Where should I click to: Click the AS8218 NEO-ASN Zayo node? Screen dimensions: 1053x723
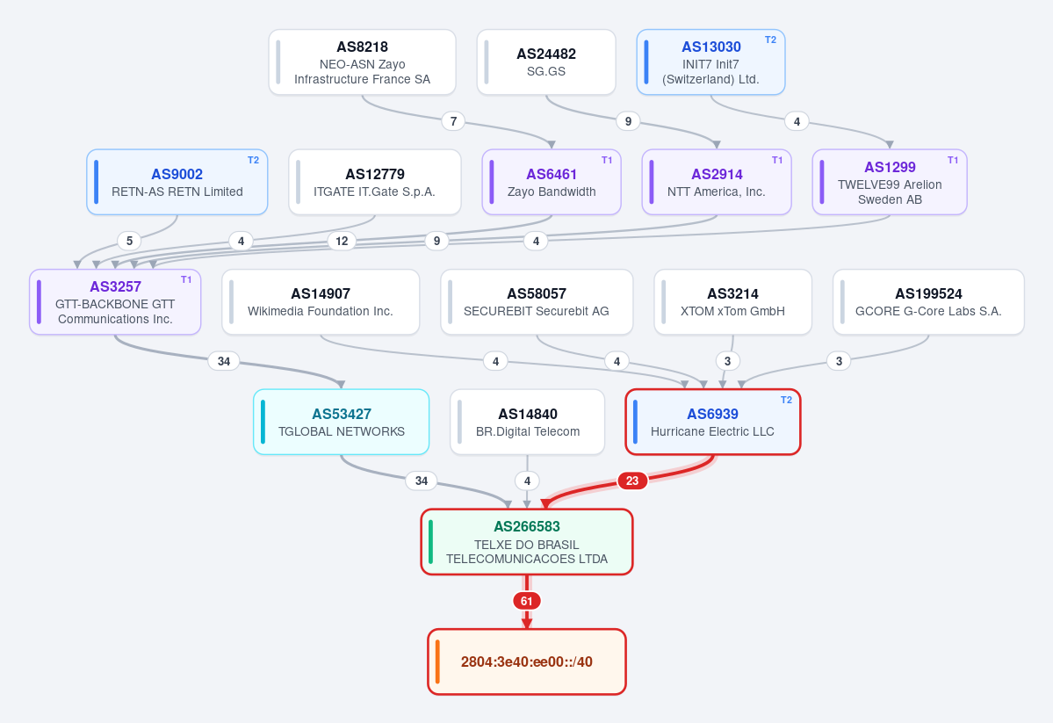click(362, 62)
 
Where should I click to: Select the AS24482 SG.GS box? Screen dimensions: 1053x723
click(546, 62)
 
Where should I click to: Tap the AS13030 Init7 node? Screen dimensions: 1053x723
click(710, 62)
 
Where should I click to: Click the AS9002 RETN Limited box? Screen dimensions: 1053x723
click(177, 182)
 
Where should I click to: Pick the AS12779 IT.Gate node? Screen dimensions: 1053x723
click(375, 182)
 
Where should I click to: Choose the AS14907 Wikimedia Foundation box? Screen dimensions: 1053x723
click(321, 301)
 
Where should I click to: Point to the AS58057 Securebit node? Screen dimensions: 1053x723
click(537, 301)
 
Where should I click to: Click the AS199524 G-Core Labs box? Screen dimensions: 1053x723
click(928, 301)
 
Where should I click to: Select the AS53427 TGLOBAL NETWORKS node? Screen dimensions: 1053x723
click(341, 422)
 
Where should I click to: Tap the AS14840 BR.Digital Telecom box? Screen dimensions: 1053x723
click(527, 422)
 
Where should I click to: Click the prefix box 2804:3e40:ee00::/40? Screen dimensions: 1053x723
click(527, 662)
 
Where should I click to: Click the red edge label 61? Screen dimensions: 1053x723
click(527, 601)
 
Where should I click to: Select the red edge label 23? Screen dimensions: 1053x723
click(632, 481)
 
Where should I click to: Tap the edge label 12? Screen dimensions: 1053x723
click(342, 241)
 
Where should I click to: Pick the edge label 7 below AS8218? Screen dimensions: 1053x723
click(453, 121)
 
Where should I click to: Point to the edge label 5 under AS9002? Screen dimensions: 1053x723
click(130, 241)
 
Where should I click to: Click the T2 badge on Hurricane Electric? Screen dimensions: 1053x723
click(786, 400)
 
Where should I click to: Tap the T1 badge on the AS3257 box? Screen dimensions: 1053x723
click(186, 279)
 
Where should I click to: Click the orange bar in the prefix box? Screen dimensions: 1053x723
click(437, 662)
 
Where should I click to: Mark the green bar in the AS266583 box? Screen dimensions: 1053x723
click(430, 541)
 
